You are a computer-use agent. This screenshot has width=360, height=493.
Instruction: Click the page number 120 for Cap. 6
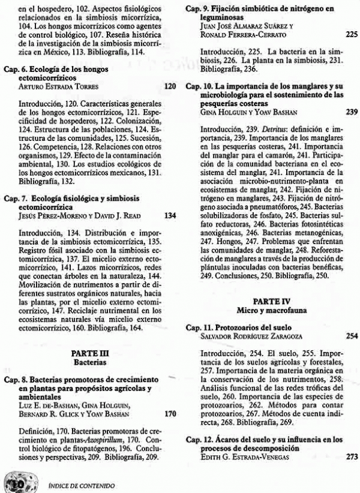coord(170,86)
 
